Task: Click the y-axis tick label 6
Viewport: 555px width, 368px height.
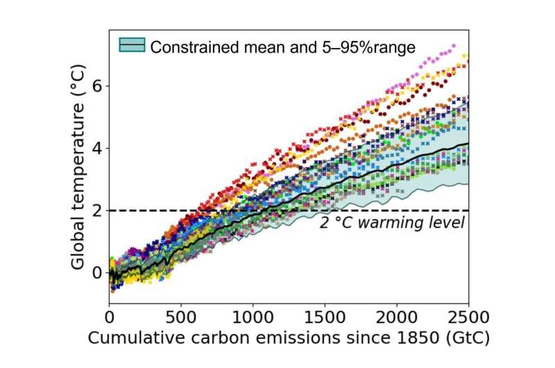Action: pyautogui.click(x=96, y=86)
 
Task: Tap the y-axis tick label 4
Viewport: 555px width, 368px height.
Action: pyautogui.click(x=96, y=148)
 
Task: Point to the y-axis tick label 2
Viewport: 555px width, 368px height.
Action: pyautogui.click(x=96, y=210)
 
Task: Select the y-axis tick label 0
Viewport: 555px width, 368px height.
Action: pyautogui.click(x=96, y=272)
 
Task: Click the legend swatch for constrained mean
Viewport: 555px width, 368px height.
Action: pyautogui.click(x=132, y=46)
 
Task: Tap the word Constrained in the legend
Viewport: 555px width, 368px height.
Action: pyautogui.click(x=189, y=47)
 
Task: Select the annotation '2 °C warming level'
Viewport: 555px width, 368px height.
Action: pyautogui.click(x=391, y=223)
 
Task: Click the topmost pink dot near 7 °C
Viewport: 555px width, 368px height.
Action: pyautogui.click(x=454, y=46)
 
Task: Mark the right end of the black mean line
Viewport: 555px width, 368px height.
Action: pyautogui.click(x=468, y=144)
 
